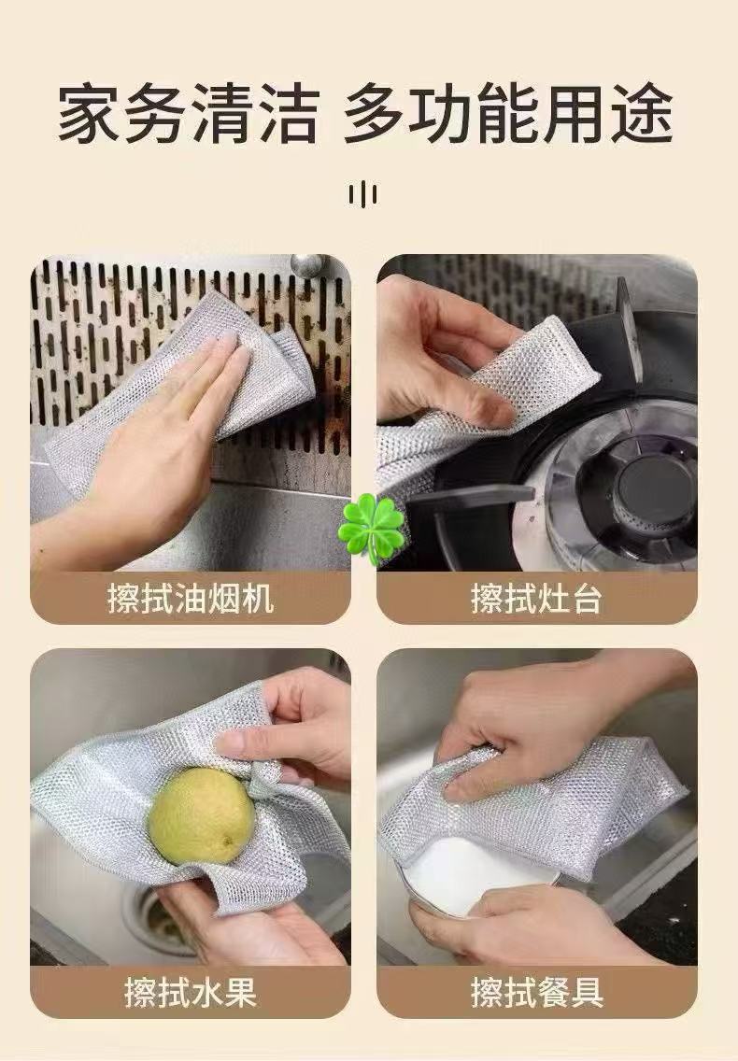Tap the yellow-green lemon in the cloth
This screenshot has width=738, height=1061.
coord(202,815)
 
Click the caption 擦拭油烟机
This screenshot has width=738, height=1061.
coord(191,599)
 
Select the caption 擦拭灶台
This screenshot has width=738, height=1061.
coord(536,599)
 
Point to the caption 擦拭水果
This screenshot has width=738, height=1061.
coord(191,993)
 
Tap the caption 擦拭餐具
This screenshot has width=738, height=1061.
coord(536,993)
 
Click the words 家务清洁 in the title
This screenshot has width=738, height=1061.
coord(188,113)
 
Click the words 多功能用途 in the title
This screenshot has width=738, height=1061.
coord(508,113)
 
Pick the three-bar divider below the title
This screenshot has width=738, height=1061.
coord(362,195)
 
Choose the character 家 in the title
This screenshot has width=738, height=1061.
coord(87,113)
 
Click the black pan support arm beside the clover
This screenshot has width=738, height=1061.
coord(467,496)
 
